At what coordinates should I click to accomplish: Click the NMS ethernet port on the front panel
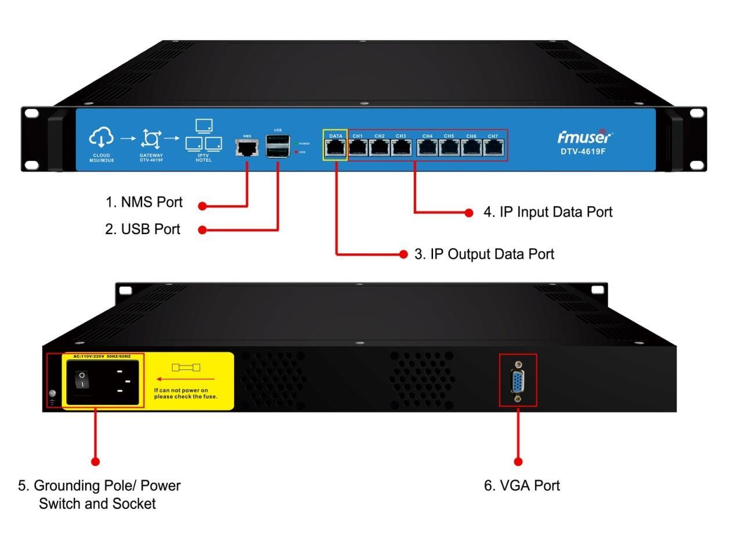pyautogui.click(x=247, y=148)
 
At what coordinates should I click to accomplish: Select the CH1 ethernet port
pyautogui.click(x=358, y=149)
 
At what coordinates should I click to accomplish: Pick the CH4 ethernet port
pyautogui.click(x=428, y=149)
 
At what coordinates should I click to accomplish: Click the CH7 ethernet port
pyautogui.click(x=493, y=149)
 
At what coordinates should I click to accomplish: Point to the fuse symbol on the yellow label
pyautogui.click(x=187, y=368)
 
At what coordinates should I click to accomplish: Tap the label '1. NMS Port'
pyautogui.click(x=143, y=202)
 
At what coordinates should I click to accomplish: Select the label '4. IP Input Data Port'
pyautogui.click(x=548, y=212)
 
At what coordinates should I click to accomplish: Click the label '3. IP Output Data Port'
pyautogui.click(x=484, y=254)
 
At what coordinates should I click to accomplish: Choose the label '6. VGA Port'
pyautogui.click(x=522, y=486)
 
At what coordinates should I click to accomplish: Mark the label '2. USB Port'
pyautogui.click(x=142, y=229)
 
